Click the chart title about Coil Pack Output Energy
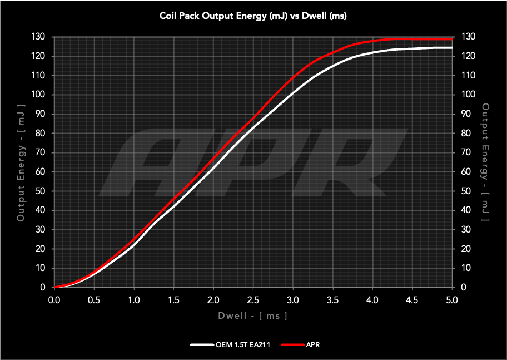(x=253, y=16)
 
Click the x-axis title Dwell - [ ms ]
(x=253, y=315)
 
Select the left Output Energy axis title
(x=21, y=162)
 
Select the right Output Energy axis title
(x=485, y=162)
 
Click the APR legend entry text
(x=312, y=345)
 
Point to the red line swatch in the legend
(x=291, y=345)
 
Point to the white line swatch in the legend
(x=202, y=345)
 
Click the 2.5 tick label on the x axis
(x=253, y=299)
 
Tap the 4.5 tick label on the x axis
(x=412, y=299)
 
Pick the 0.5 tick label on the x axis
(x=94, y=299)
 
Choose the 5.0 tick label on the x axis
(x=451, y=299)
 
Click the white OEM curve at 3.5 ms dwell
(x=332, y=66)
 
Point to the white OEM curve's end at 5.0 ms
(x=451, y=48)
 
